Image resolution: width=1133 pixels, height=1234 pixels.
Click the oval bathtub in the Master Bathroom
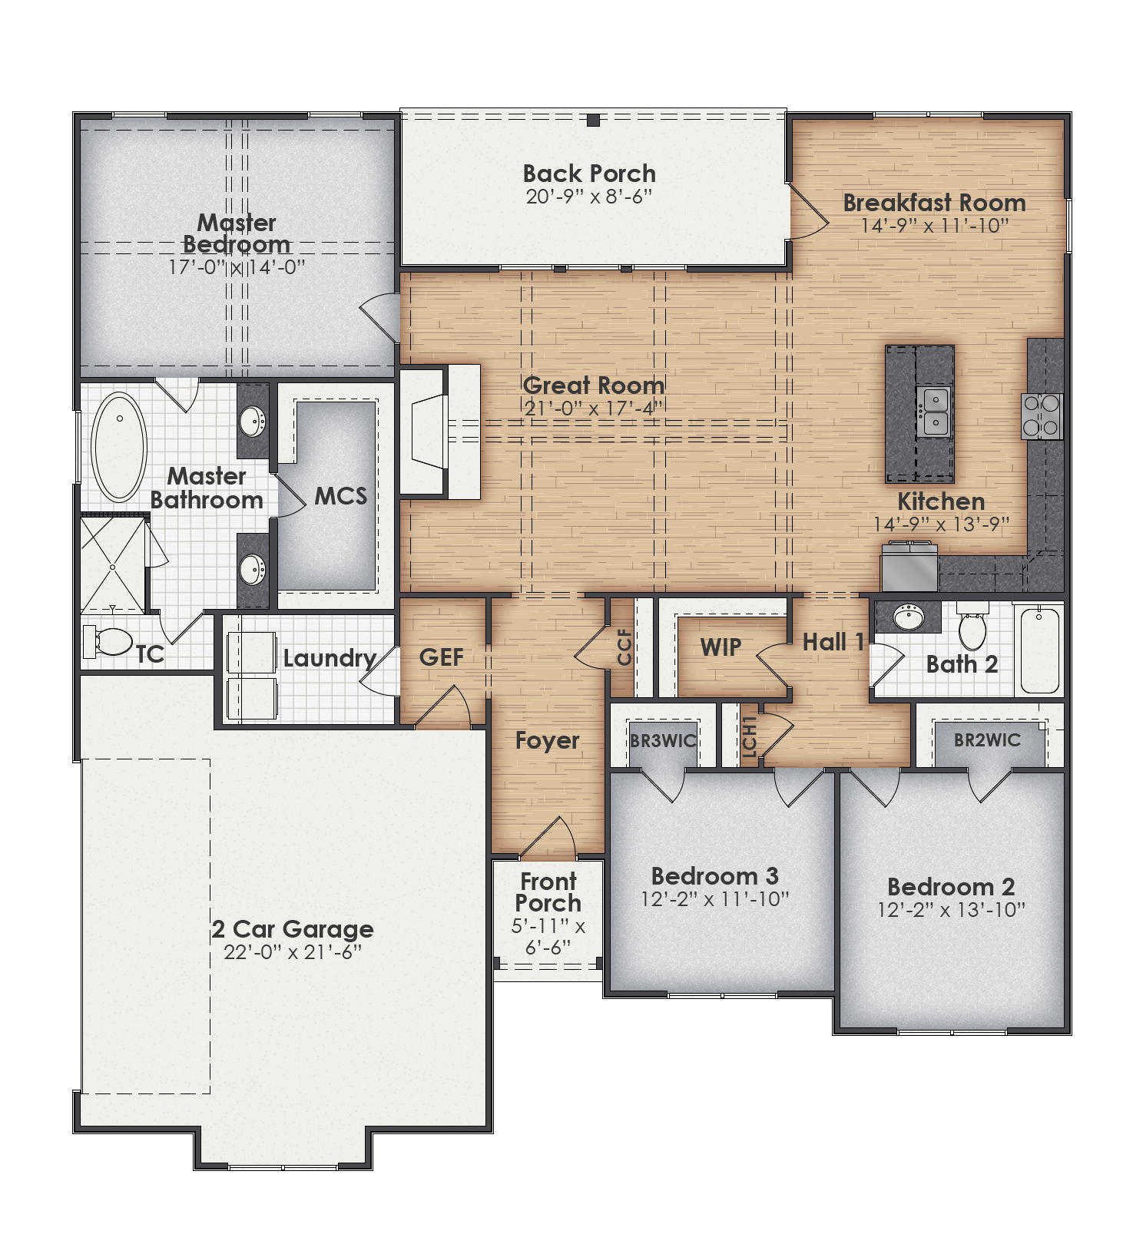pyautogui.click(x=119, y=447)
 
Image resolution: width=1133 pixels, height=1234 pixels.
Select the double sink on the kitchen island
pyautogui.click(x=935, y=412)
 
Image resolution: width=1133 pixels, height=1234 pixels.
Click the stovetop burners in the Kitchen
pyautogui.click(x=1042, y=415)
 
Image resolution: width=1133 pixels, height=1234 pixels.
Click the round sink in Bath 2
pyautogui.click(x=909, y=617)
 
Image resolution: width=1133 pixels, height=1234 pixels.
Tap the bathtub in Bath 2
pyautogui.click(x=1040, y=650)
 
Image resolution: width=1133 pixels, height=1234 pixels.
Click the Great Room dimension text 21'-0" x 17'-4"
pyautogui.click(x=593, y=409)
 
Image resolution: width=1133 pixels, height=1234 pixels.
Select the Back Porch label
pyautogui.click(x=589, y=174)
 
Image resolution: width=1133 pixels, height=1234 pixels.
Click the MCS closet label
pyautogui.click(x=340, y=496)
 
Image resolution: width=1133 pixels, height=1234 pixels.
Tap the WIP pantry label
pyautogui.click(x=721, y=647)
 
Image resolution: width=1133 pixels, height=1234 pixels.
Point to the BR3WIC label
pyautogui.click(x=663, y=741)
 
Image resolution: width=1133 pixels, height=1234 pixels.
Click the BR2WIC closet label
pyautogui.click(x=987, y=740)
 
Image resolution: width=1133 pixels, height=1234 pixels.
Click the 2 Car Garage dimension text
pyautogui.click(x=293, y=952)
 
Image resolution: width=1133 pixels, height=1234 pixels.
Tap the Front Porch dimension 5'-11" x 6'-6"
pyautogui.click(x=548, y=937)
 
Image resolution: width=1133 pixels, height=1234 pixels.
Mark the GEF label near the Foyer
pyautogui.click(x=441, y=657)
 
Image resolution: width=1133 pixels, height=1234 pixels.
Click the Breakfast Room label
pyautogui.click(x=934, y=203)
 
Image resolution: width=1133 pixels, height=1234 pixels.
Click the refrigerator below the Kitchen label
pyautogui.click(x=910, y=568)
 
